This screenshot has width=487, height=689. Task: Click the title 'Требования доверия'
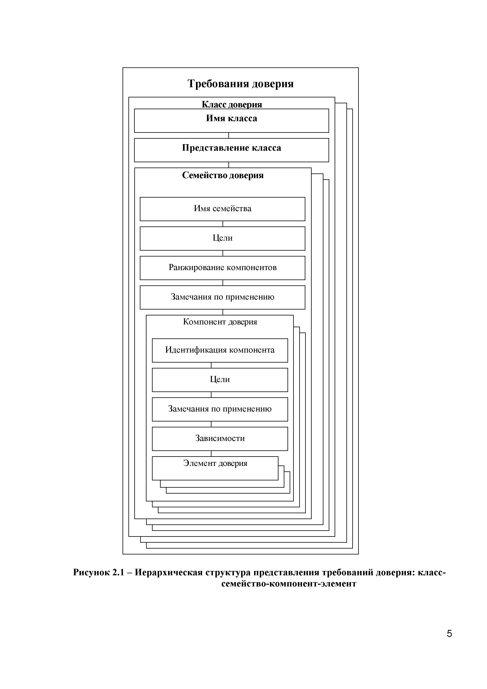[x=240, y=84]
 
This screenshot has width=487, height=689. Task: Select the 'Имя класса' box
[x=231, y=120]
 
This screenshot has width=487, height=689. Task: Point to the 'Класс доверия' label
[x=232, y=104]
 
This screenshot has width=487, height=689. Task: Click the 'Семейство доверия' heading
[x=223, y=175]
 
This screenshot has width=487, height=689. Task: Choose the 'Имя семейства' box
[x=222, y=209]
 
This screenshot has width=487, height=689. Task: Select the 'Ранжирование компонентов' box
[x=222, y=268]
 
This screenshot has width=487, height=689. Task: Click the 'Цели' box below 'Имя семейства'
[x=222, y=238]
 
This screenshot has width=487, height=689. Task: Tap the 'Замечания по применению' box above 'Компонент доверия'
[x=222, y=297]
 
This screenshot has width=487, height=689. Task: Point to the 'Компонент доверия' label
[x=220, y=322]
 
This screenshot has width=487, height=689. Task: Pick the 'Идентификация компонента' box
[x=220, y=350]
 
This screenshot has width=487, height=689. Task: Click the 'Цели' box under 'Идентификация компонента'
[x=220, y=380]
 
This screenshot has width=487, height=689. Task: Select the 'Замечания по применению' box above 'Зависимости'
[x=220, y=409]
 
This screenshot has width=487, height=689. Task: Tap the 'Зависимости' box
[x=220, y=438]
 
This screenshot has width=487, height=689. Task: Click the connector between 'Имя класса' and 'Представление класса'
[x=229, y=135]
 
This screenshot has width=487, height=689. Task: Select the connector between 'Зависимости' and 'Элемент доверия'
[x=211, y=454]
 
